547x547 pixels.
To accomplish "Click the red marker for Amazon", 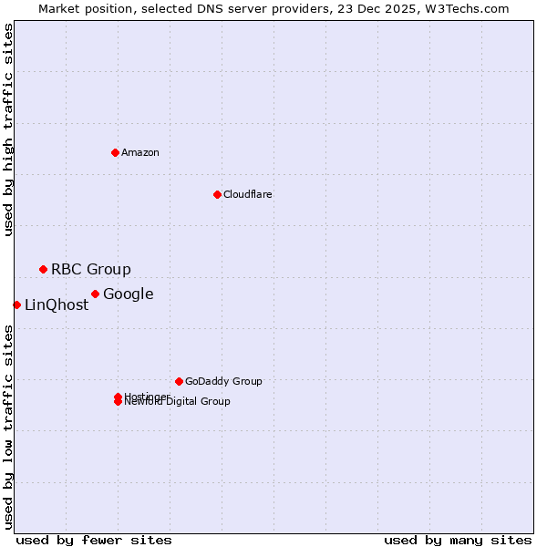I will click(115, 152).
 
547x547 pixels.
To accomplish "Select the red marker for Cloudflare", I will click(217, 194).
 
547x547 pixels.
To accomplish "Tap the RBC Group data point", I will click(43, 269).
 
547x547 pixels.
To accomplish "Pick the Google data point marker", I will click(95, 294).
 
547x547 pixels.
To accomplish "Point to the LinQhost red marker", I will click(16, 304).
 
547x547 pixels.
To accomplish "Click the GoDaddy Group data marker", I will click(179, 381).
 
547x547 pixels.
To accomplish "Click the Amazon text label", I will click(139, 152).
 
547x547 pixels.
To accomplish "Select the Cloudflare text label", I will click(247, 194).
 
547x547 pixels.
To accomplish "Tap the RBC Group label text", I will click(90, 269).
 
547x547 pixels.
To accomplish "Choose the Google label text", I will click(128, 294).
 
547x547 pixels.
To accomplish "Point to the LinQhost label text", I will click(57, 305).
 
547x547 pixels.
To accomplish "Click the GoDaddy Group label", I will click(223, 381).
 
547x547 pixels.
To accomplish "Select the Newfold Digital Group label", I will click(177, 402).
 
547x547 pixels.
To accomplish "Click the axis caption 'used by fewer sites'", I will click(94, 540).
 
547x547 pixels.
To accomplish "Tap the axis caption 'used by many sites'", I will click(458, 540).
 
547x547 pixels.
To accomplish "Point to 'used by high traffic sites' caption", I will click(9, 129).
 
